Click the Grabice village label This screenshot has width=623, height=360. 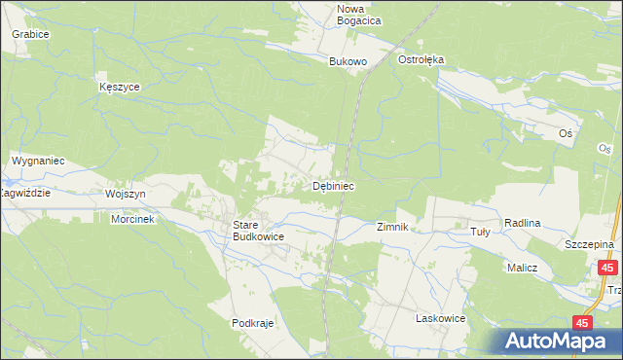[x=30, y=33]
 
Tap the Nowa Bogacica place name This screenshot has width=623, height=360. [x=358, y=15]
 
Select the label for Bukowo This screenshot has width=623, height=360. [x=348, y=61]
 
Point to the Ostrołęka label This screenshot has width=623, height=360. [x=421, y=59]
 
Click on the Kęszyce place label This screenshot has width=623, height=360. [x=120, y=87]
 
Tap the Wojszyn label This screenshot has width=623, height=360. [x=125, y=194]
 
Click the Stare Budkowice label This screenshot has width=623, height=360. [x=257, y=230]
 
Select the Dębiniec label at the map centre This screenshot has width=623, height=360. [x=332, y=185]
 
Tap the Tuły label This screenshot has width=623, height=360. [x=480, y=231]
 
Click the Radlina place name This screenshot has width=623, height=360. [x=522, y=223]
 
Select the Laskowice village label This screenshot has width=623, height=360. [x=440, y=318]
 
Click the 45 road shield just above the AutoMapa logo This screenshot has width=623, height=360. [x=582, y=322]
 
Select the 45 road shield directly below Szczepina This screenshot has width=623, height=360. [x=607, y=268]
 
